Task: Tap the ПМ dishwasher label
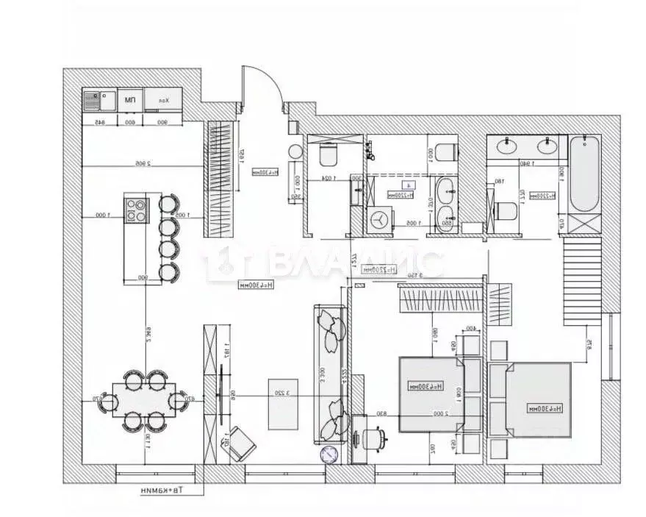(129, 99)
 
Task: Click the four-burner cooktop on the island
(135, 210)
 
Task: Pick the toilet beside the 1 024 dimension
(327, 155)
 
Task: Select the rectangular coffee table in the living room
(282, 404)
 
